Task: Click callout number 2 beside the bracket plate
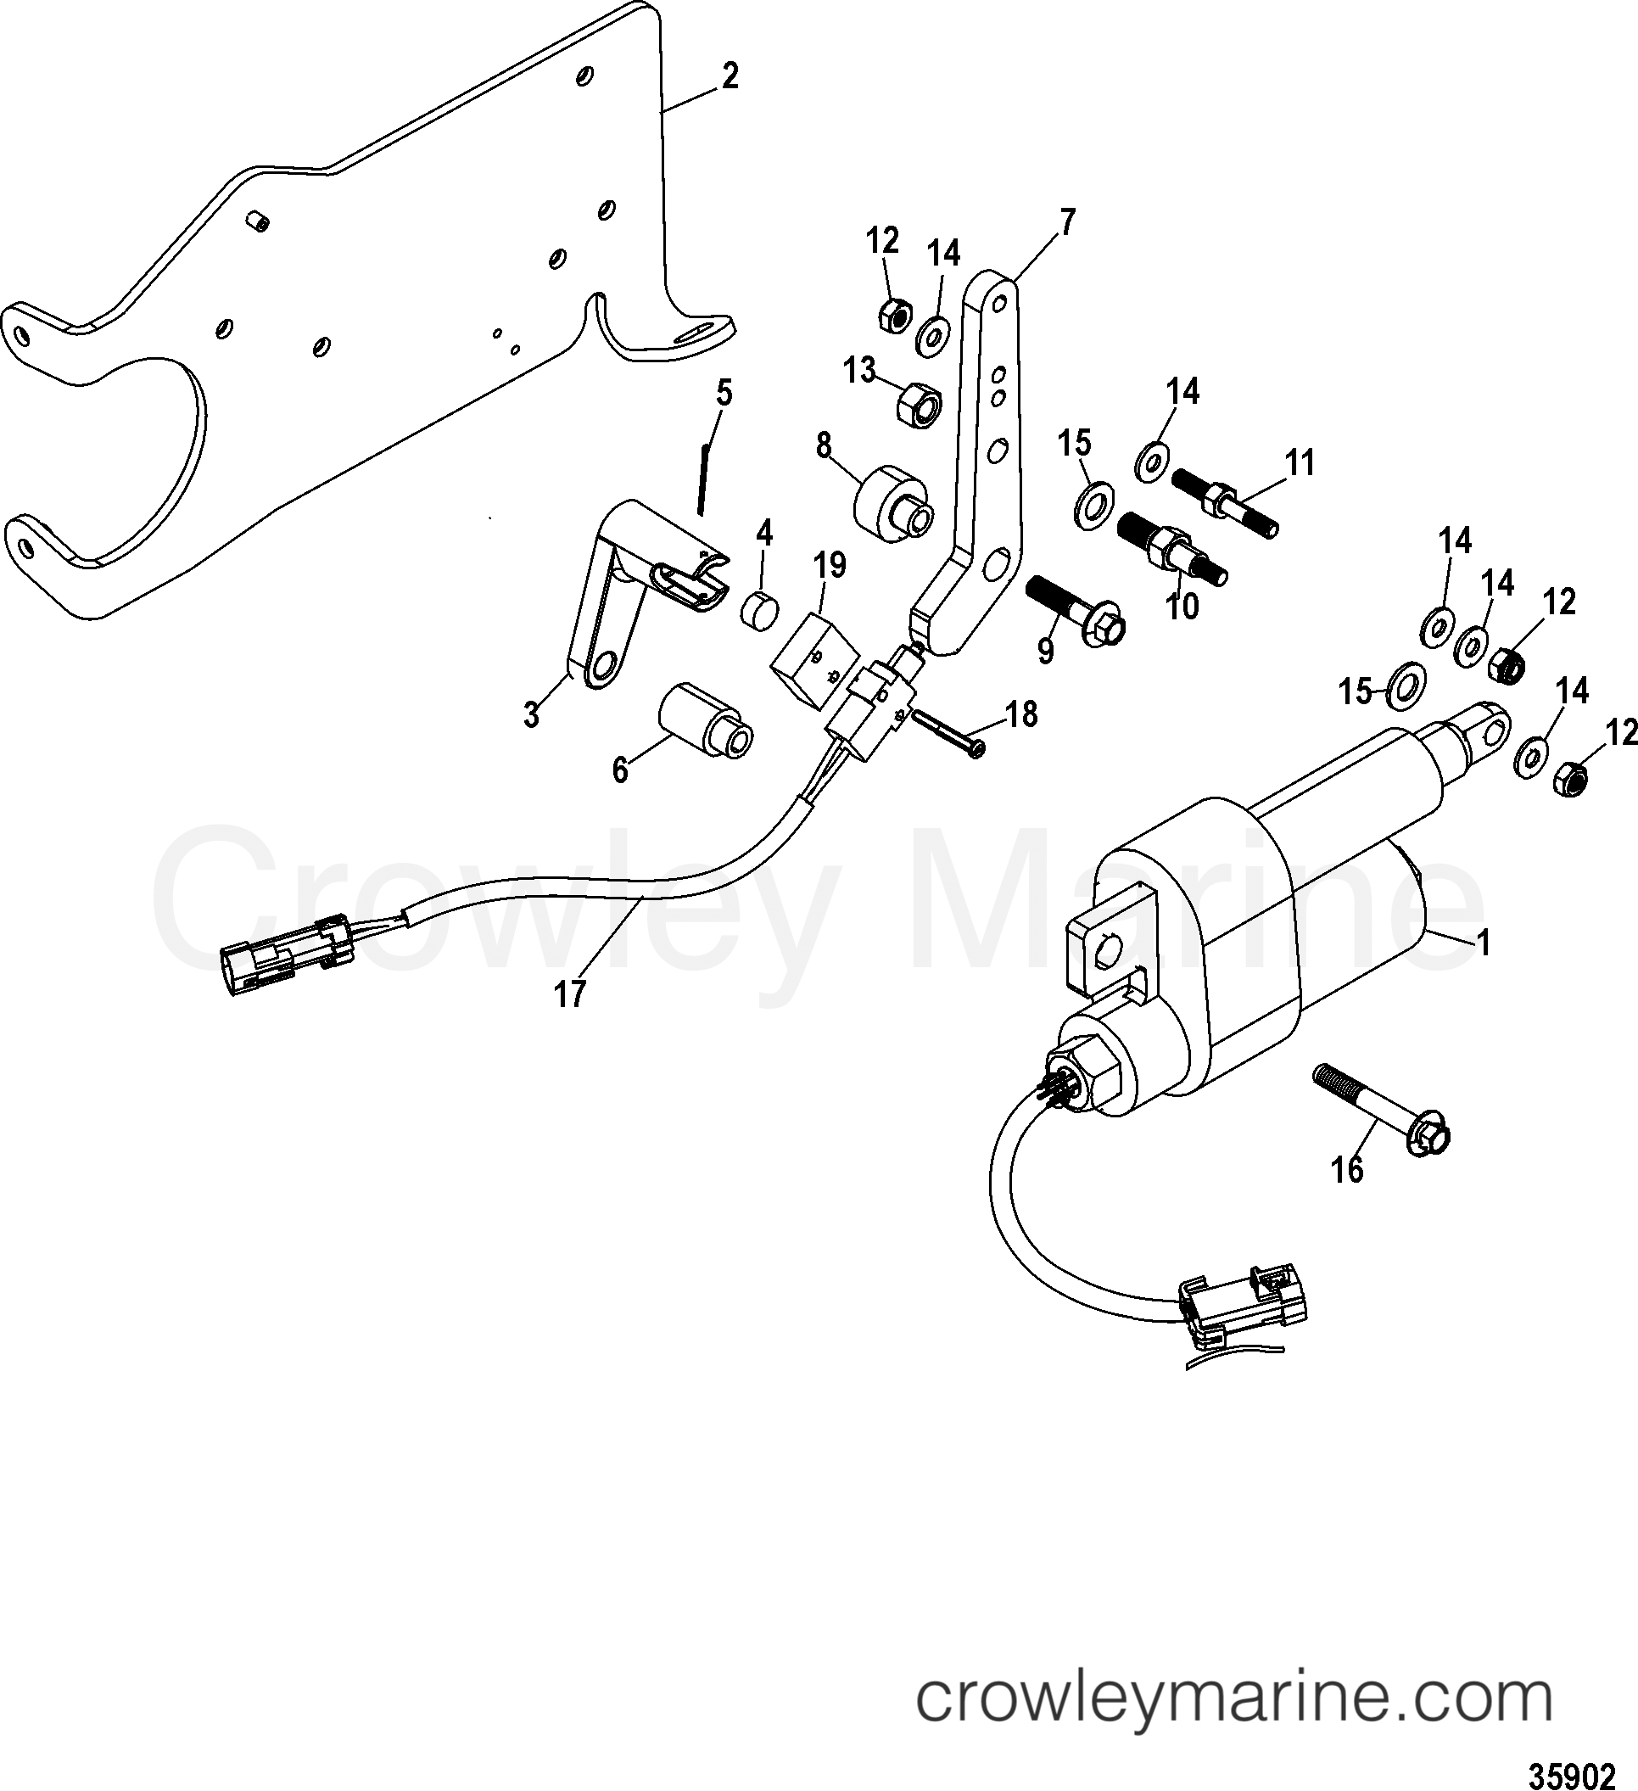click(729, 76)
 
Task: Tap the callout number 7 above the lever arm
click(1067, 221)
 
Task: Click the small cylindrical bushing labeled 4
click(759, 610)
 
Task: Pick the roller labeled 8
click(891, 502)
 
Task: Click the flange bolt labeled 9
click(1074, 607)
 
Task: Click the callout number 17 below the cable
click(569, 993)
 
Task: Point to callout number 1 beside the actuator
click(1483, 942)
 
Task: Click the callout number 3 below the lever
click(531, 714)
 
